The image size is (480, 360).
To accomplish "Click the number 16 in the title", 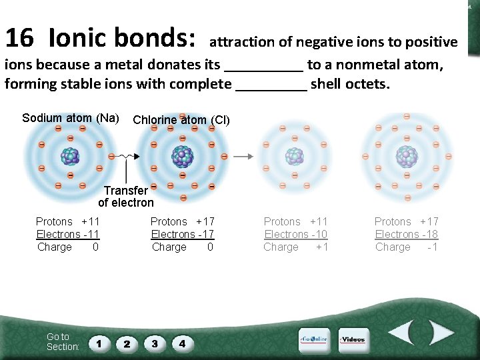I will click(x=19, y=38).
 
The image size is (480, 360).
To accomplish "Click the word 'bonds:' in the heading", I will click(x=155, y=38).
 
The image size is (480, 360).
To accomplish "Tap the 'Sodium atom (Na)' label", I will click(x=71, y=118).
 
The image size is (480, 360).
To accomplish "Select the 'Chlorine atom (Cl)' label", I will click(x=181, y=121).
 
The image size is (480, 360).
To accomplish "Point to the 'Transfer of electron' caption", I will click(x=126, y=197).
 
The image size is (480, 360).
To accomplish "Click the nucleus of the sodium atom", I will click(x=69, y=156).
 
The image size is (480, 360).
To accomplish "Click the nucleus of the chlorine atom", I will click(x=182, y=157).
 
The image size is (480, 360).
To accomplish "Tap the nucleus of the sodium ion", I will click(x=294, y=156).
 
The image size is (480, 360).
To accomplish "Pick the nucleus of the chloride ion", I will click(x=406, y=156).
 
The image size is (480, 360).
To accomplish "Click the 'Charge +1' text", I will click(x=296, y=247).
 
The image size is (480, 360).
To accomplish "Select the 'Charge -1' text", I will click(x=407, y=247).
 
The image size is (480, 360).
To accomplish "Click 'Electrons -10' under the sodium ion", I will click(x=296, y=234).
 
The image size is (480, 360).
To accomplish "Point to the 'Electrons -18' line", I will click(x=407, y=234).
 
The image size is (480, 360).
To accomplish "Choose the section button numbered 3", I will click(x=155, y=344).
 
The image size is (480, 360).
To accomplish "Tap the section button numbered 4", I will click(x=182, y=344).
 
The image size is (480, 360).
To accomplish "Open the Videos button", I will click(x=353, y=340).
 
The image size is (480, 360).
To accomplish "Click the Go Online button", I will click(x=313, y=340).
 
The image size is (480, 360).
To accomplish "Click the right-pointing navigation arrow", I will click(x=441, y=333).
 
